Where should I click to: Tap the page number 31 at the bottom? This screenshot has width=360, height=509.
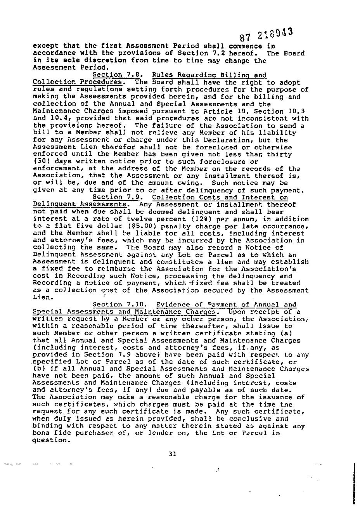pos(173,454)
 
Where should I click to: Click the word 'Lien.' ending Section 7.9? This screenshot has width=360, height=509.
pos(42,298)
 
